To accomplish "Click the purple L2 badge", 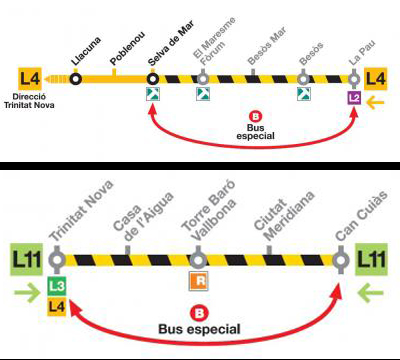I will tap(353, 97).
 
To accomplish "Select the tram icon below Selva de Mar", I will tap(152, 96).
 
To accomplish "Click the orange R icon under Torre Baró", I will tap(199, 282).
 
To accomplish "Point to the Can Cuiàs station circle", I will tap(341, 262).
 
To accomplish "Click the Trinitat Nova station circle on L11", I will tap(58, 262).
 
